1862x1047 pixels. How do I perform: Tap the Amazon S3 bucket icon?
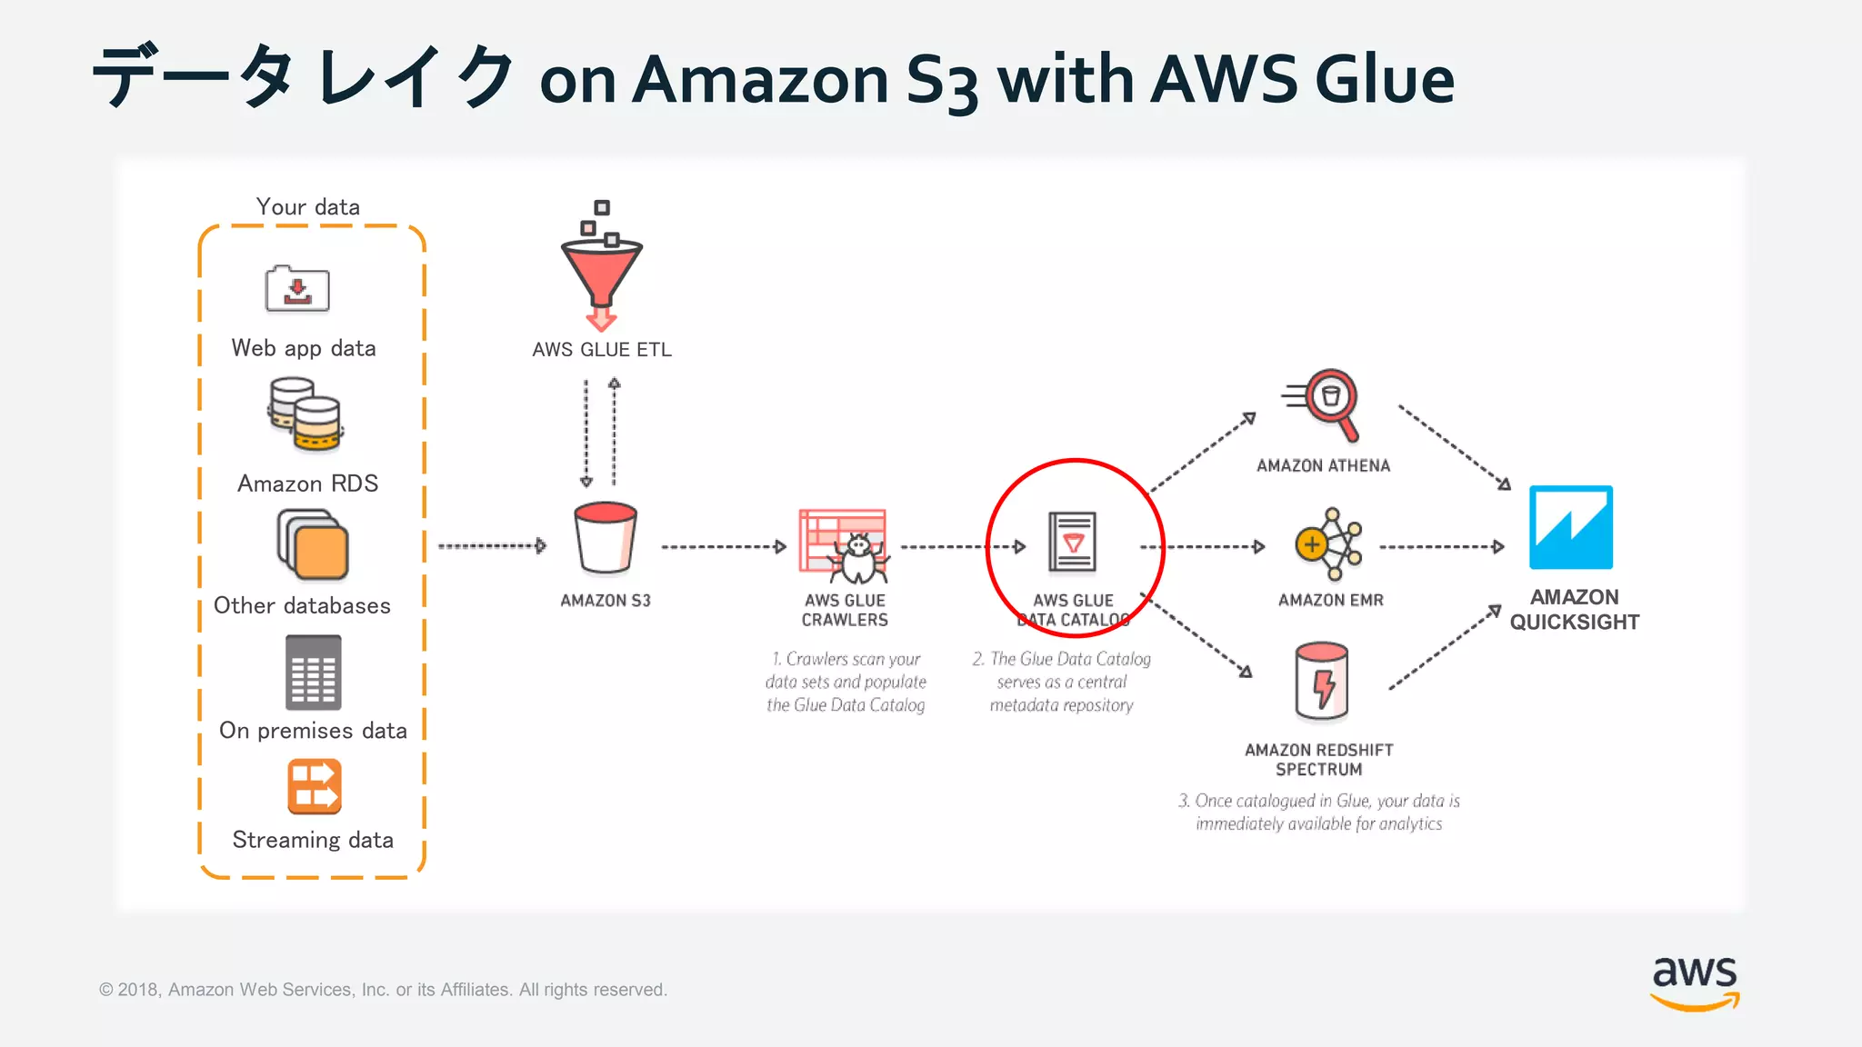606,538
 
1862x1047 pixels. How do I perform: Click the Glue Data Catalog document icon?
1073,542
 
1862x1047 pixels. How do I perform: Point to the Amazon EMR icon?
1329,544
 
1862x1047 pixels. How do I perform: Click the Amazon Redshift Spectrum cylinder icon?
1321,682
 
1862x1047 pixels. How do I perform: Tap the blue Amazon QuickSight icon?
1571,527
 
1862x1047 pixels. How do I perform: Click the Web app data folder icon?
297,290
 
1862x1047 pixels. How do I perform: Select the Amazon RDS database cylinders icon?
305,414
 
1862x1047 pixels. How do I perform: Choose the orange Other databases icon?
313,545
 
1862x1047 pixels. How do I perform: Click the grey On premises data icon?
314,673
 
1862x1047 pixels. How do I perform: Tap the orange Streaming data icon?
314,787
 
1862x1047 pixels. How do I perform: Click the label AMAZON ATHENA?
1323,466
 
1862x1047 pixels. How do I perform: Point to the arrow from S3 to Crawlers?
723,547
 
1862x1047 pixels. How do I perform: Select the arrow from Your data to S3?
492,546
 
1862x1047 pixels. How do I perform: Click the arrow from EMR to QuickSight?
1441,547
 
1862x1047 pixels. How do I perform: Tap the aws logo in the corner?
1695,982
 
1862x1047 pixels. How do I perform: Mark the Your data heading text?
308,207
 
